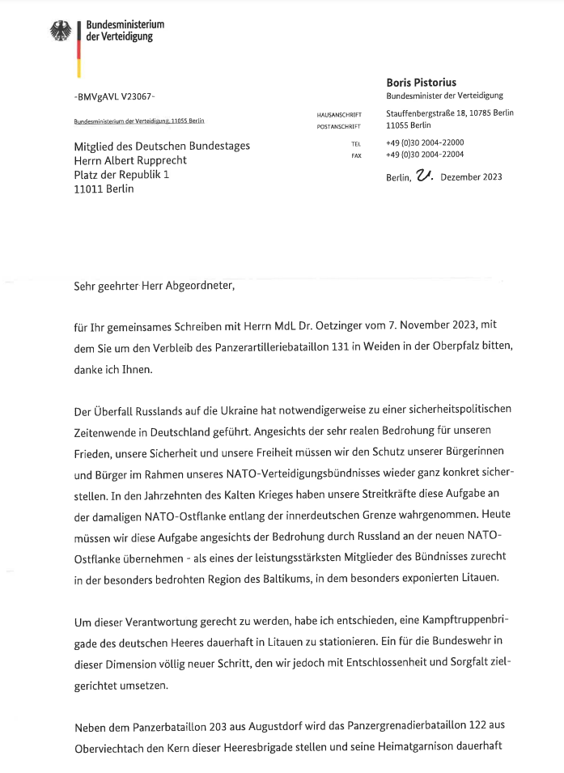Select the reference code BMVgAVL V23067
pyautogui.click(x=114, y=96)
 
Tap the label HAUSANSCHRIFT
pyautogui.click(x=340, y=115)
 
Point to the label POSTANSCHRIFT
pyautogui.click(x=340, y=126)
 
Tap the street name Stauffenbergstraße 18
pyautogui.click(x=434, y=113)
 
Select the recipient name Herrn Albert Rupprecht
pyautogui.click(x=129, y=160)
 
